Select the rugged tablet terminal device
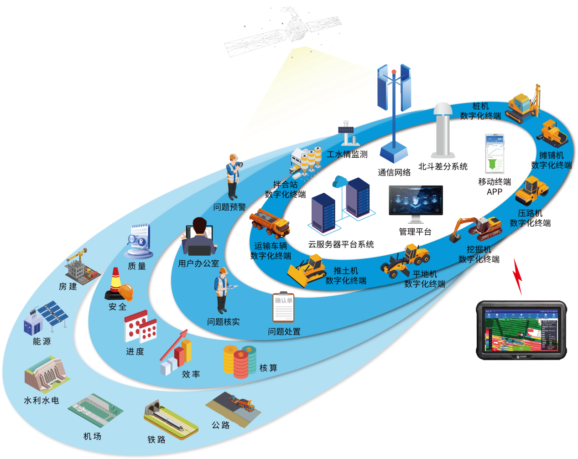point(521,330)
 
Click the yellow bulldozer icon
point(307,270)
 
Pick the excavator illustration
point(477,228)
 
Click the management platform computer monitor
point(415,202)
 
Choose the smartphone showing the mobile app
point(495,153)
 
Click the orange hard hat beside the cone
point(125,292)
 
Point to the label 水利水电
point(41,401)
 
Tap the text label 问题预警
point(229,207)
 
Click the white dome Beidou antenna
point(443,130)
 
